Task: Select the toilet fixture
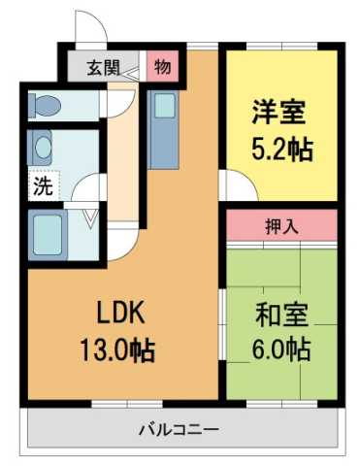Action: click(47, 103)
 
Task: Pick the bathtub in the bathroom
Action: click(47, 233)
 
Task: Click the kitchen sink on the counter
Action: click(163, 104)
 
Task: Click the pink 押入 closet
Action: click(281, 225)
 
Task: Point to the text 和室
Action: click(282, 316)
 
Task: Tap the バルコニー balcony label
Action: click(178, 428)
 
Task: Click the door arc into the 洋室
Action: click(233, 183)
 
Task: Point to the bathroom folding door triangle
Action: click(89, 218)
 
